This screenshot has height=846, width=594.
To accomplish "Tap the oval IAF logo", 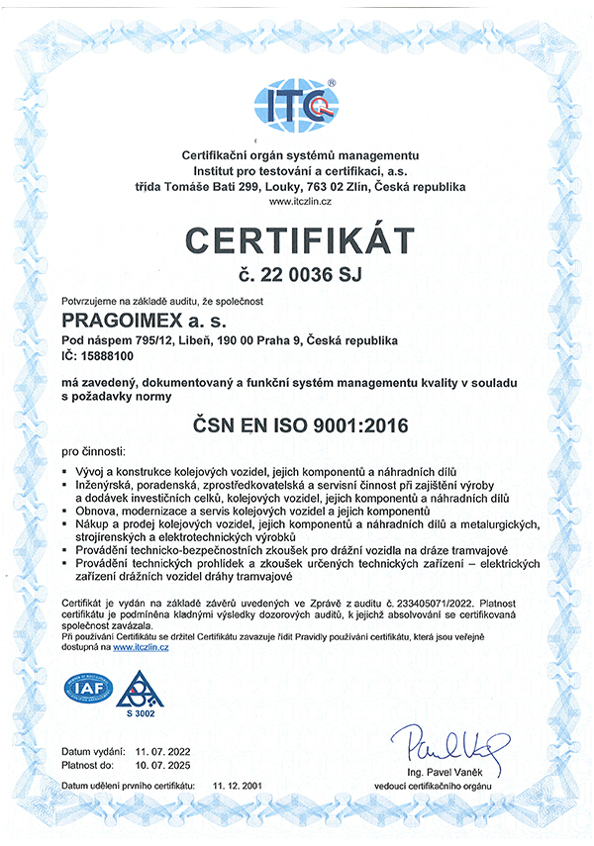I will tap(89, 687).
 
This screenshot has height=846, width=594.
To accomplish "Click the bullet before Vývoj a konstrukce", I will tap(66, 471).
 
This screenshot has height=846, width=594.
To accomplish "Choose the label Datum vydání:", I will tap(93, 751).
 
